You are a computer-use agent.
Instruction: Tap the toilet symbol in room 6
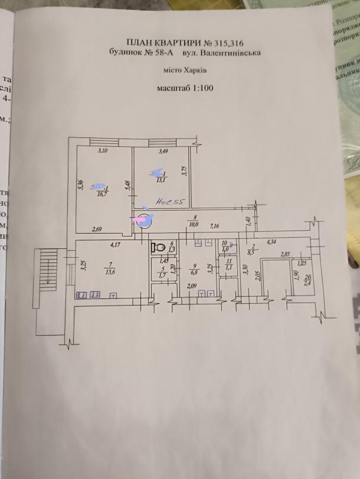[157, 247]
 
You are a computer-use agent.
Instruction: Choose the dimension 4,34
[272, 241]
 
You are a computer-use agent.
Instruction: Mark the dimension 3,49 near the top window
[163, 152]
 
